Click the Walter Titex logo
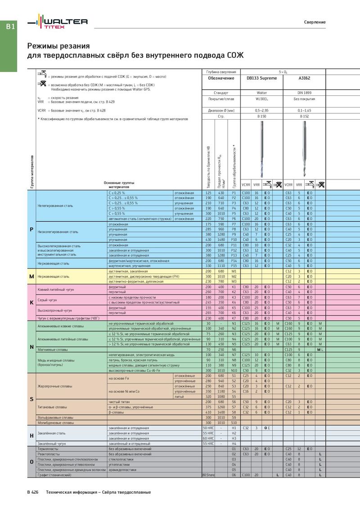click(58, 22)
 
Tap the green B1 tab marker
click(10, 27)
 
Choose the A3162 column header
click(305, 78)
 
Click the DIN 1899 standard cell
click(305, 92)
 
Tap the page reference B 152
click(305, 116)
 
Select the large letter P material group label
click(31, 229)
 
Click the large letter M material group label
click(31, 276)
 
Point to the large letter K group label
click(31, 303)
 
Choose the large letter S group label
click(31, 399)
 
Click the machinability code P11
click(234, 245)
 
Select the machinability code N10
click(234, 370)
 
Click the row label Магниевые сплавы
click(50, 349)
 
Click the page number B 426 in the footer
click(32, 492)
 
